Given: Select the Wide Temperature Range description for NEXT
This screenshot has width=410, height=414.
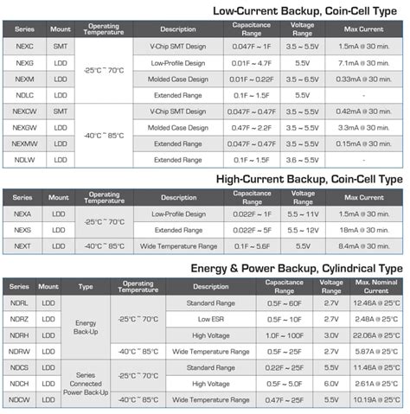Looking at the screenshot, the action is coord(178,245).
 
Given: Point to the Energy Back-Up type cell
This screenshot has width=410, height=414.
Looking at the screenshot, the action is coord(85,327).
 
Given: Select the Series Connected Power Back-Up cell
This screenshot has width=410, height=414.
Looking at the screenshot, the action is coord(85,383).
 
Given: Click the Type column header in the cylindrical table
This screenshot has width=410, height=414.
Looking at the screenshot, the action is coord(85,286).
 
